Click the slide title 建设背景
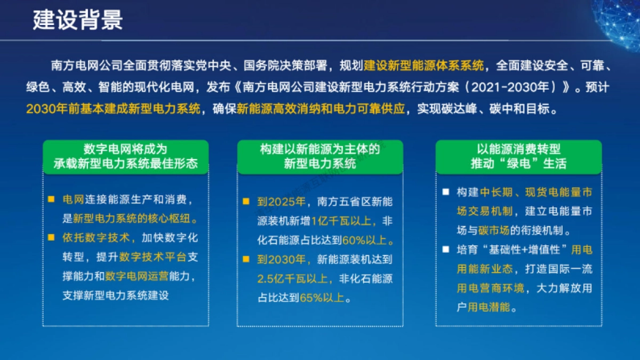tap(78, 20)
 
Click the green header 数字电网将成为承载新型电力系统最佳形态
tap(125, 157)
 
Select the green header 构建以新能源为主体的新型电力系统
tap(320, 157)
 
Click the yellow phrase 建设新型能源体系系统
tap(424, 66)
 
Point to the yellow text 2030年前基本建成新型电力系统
tap(113, 109)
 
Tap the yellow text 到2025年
tap(281, 202)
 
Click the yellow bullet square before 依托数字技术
tap(51, 238)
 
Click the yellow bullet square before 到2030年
tap(246, 260)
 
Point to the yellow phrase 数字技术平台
tap(153, 257)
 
